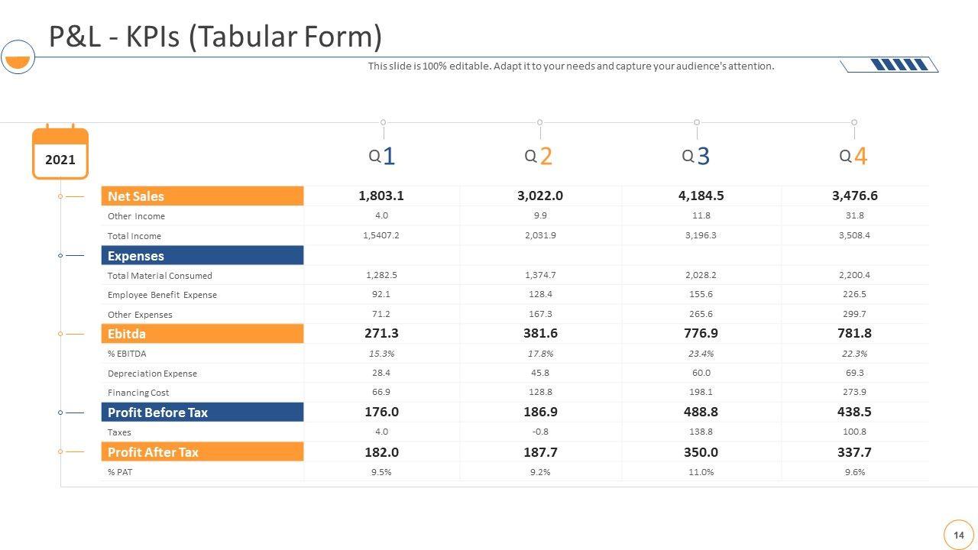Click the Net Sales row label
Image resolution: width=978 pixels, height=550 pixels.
pos(136,196)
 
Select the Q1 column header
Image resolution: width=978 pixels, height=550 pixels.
pos(382,156)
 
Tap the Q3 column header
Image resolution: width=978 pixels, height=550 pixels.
pos(696,156)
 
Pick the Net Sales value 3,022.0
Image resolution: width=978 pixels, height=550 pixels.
pos(540,196)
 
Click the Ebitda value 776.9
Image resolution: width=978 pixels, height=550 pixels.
pos(701,333)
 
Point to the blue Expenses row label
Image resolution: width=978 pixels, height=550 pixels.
pos(136,256)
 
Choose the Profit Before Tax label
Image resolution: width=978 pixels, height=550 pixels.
pos(157,412)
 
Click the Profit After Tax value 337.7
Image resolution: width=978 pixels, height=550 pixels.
pos(854,452)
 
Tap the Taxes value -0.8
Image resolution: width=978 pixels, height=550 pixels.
pos(540,432)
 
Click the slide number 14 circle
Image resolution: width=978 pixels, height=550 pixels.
pos(959,535)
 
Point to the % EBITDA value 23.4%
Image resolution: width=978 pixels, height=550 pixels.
pos(701,354)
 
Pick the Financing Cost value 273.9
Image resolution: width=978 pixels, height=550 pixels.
pos(854,392)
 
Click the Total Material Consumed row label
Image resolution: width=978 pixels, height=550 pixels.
pos(160,276)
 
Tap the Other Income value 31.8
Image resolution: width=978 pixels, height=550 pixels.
pos(854,215)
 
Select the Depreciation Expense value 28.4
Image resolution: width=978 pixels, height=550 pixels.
pos(381,373)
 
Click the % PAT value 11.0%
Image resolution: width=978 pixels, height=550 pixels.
pos(701,472)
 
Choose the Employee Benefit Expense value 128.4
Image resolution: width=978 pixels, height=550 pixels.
pos(540,294)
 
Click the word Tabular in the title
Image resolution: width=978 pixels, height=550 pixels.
pos(243,37)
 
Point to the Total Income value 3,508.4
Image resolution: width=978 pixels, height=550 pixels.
pos(854,235)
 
